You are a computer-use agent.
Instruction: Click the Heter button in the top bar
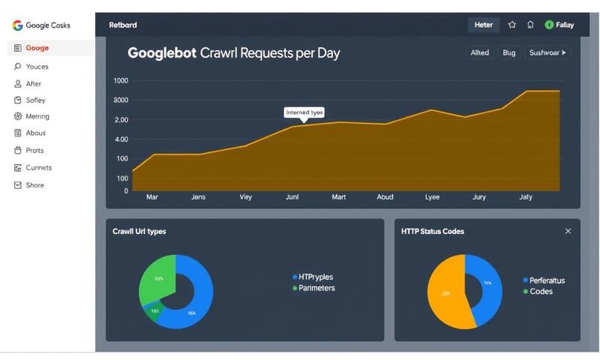coord(484,25)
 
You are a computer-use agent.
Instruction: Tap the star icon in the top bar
coord(512,25)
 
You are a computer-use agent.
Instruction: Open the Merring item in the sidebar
coord(37,116)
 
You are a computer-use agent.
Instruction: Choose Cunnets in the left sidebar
coord(38,167)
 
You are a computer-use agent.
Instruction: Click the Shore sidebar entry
coord(34,185)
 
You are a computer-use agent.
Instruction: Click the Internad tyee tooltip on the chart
coord(304,112)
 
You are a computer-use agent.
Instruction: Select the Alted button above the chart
coord(479,52)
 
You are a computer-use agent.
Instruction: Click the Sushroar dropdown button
coord(547,52)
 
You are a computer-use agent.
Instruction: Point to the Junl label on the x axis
coord(292,197)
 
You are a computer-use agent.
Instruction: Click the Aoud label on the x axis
coord(385,197)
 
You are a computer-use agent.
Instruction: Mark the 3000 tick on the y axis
coord(121,100)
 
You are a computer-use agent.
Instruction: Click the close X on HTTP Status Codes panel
coord(568,232)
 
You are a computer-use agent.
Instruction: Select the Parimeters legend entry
coord(316,287)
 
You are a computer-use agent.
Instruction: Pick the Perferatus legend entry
coord(547,280)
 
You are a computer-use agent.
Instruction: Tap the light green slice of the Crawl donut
coord(156,277)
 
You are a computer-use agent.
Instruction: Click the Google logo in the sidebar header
coord(17,25)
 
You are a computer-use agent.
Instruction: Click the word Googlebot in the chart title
coord(161,53)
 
